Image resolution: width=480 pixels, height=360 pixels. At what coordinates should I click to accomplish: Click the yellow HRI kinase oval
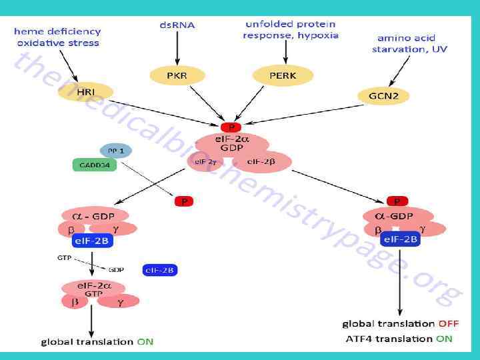click(87, 91)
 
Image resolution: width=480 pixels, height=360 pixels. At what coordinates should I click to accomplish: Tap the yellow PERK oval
click(283, 76)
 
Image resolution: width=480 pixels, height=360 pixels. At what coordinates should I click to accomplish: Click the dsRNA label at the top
click(177, 25)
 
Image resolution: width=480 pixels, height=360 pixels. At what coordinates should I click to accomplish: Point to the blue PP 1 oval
click(117, 151)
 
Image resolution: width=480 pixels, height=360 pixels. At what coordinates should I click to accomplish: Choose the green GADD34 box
click(94, 165)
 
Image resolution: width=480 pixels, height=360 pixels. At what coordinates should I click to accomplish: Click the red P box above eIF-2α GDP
click(231, 127)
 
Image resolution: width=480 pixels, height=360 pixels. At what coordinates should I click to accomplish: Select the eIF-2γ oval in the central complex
click(205, 161)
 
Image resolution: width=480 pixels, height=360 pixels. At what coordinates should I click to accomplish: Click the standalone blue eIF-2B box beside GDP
click(159, 270)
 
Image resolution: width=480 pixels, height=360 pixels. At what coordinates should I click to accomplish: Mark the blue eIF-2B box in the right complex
click(400, 239)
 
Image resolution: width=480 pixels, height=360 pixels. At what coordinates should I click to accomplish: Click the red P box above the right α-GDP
click(397, 201)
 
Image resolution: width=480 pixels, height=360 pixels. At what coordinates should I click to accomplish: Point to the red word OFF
click(448, 323)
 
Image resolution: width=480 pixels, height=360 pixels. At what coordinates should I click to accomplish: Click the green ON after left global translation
click(145, 341)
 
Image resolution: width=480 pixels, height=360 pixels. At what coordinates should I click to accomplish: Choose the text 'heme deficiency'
click(57, 31)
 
